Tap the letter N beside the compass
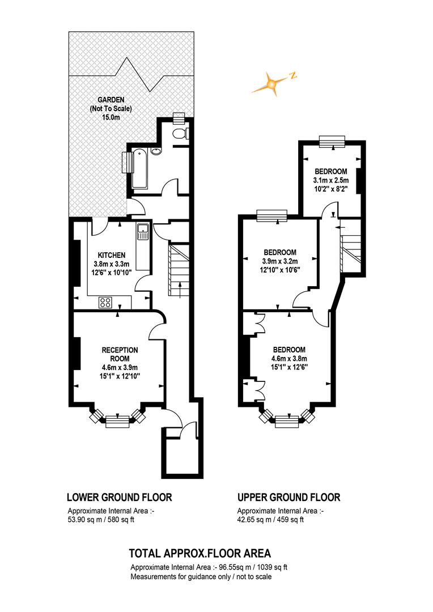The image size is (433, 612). click(x=293, y=76)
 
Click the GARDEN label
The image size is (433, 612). click(x=111, y=100)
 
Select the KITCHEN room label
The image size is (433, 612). click(x=112, y=255)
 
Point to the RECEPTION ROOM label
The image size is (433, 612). click(x=120, y=354)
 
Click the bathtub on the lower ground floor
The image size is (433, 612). click(x=140, y=169)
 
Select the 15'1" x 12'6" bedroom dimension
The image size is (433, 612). click(x=288, y=367)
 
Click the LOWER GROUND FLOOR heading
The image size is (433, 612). click(x=120, y=498)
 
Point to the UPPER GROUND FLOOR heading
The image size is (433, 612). click(x=289, y=498)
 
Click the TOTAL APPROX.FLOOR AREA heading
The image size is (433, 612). click(x=200, y=553)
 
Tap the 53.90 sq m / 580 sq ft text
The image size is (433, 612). click(x=101, y=520)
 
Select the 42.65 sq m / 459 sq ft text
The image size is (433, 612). click(x=270, y=520)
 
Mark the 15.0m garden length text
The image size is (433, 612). click(x=111, y=117)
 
